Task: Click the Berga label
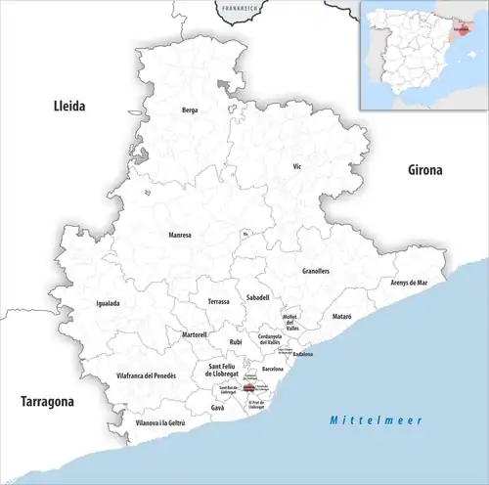click(190, 110)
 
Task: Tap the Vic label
click(298, 167)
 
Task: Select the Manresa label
click(179, 236)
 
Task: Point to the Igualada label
click(108, 303)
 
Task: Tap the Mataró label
click(340, 317)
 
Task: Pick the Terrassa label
click(218, 302)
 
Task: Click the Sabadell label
click(258, 296)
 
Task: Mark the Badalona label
click(300, 354)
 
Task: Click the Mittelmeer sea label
click(375, 419)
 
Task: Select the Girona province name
click(424, 169)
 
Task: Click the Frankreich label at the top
click(241, 8)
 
